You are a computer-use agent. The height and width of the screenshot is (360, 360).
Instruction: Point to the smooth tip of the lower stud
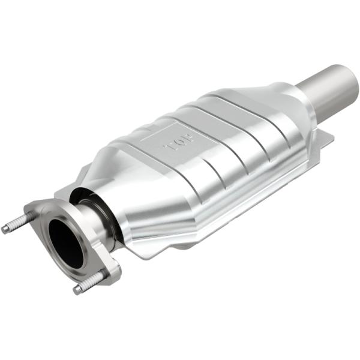pyautogui.click(x=78, y=290)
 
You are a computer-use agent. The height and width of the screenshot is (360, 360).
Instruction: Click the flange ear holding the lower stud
pyautogui.click(x=109, y=273)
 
